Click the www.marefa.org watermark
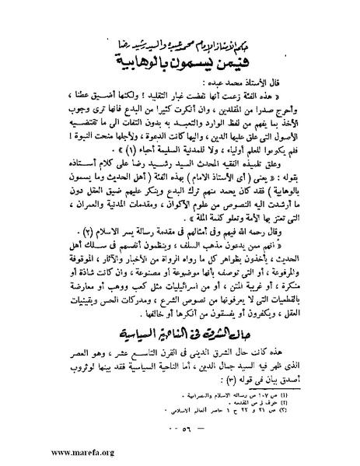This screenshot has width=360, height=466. tap(42, 450)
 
